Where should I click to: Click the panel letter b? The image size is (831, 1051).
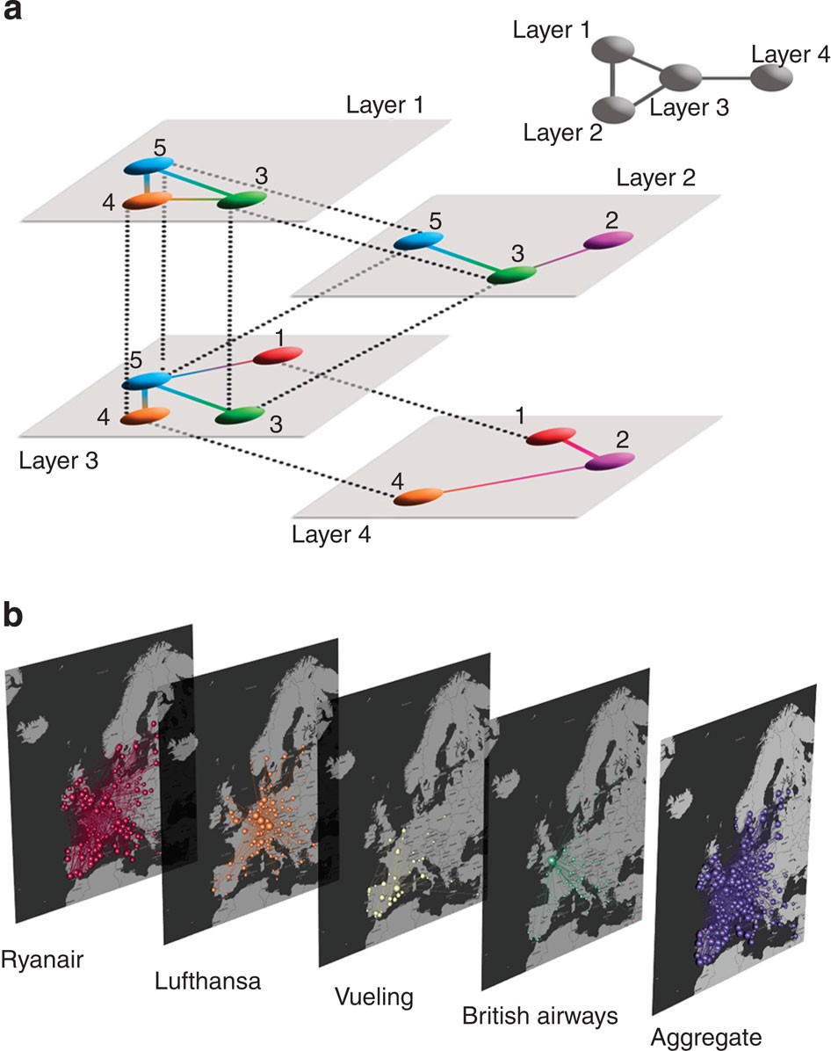pyautogui.click(x=16, y=615)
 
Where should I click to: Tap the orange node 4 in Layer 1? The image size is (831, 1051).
pyautogui.click(x=146, y=201)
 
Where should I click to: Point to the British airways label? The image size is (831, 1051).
pyautogui.click(x=541, y=1017)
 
